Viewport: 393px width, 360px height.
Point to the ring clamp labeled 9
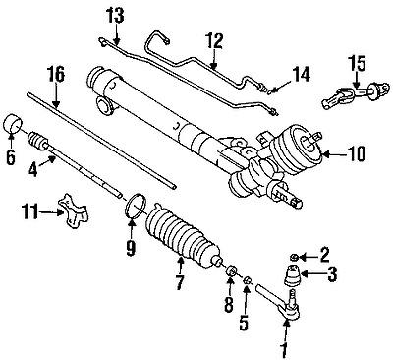point(134,208)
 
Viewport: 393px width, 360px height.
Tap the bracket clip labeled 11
point(70,207)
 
